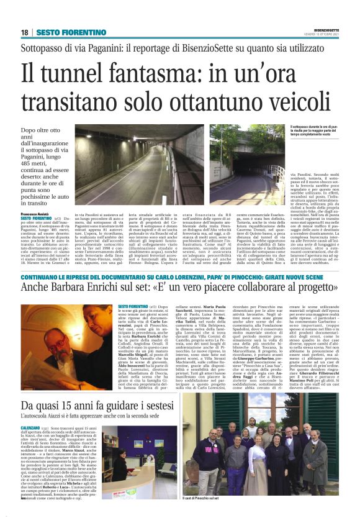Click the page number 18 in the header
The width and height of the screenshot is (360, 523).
24,32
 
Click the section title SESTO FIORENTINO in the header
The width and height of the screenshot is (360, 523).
61,32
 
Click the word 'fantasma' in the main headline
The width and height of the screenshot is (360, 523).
155,75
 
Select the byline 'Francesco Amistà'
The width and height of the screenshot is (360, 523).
37,212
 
